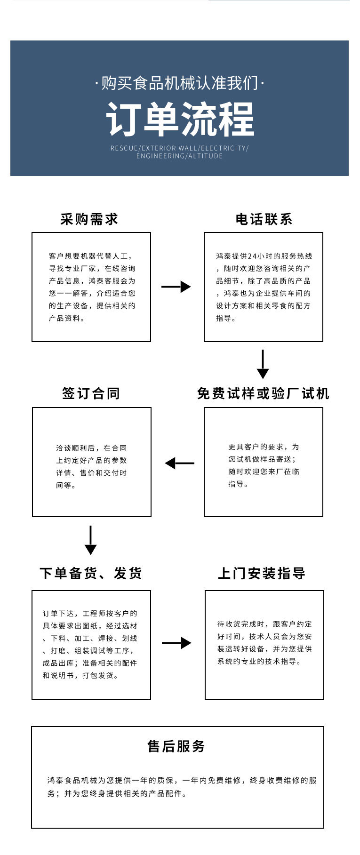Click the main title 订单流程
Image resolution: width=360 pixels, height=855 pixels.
click(180, 119)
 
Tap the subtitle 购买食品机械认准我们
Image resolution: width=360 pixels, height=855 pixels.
click(180, 83)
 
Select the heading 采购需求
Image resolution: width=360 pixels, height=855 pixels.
click(89, 219)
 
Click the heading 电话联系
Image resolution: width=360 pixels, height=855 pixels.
click(264, 219)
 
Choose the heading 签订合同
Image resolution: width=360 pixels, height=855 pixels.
click(91, 393)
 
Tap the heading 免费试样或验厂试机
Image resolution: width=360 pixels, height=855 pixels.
click(263, 393)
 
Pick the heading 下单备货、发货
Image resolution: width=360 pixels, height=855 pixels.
click(91, 573)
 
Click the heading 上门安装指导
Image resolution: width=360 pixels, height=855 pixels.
click(262, 573)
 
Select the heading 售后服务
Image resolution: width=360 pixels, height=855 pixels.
click(176, 746)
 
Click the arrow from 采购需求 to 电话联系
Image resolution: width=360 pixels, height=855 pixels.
click(176, 287)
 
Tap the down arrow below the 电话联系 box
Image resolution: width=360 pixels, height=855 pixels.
click(263, 364)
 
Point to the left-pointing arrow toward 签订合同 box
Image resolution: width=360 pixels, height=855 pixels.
click(179, 463)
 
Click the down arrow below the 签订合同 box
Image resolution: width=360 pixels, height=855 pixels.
click(90, 540)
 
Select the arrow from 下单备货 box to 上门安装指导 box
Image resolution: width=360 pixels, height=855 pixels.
click(176, 643)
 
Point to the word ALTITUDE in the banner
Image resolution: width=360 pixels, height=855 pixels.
click(206, 156)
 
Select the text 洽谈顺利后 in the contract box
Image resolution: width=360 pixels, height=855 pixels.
click(75, 448)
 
